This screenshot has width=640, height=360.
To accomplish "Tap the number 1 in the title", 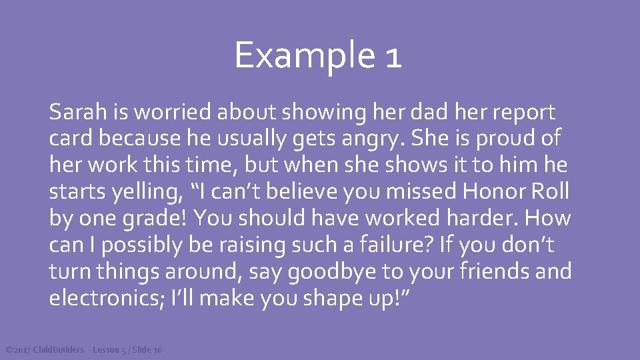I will [393, 57].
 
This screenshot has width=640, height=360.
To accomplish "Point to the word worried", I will [174, 113].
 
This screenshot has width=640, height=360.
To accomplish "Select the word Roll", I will [550, 192].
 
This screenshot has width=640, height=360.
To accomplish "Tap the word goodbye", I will [352, 272].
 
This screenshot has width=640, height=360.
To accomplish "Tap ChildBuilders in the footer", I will [59, 350].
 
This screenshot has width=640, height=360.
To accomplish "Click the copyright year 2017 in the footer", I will [22, 350].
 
